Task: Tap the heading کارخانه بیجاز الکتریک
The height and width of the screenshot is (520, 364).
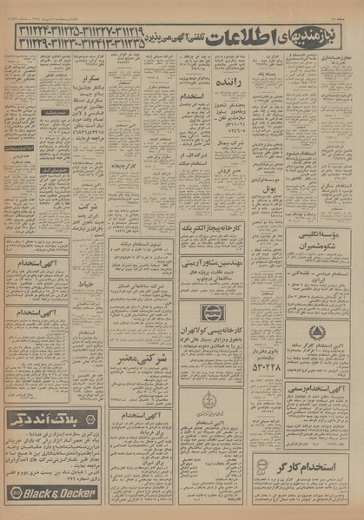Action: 212,227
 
